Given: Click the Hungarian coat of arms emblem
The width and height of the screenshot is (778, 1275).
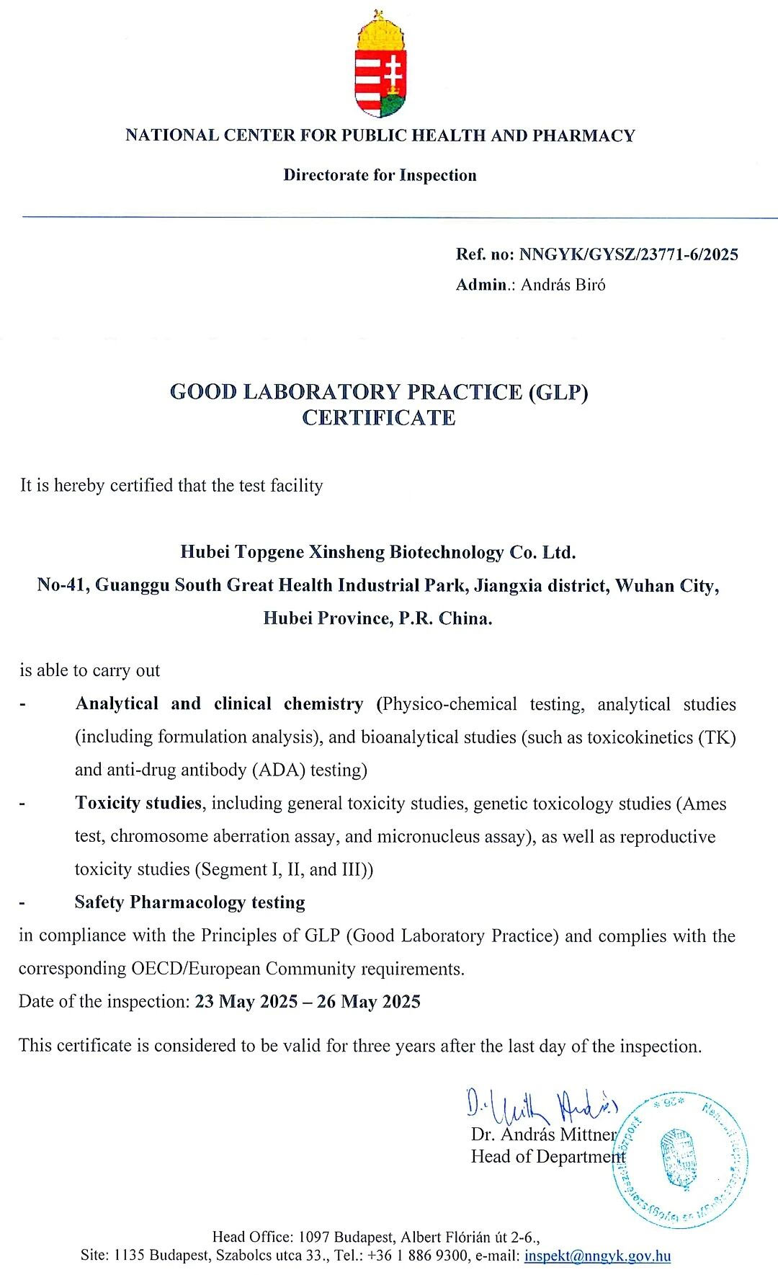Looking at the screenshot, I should pyautogui.click(x=380, y=65).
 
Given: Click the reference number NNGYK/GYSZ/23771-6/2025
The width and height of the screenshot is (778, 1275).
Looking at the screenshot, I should pyautogui.click(x=629, y=254).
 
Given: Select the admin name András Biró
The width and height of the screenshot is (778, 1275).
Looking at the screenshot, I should pyautogui.click(x=563, y=285).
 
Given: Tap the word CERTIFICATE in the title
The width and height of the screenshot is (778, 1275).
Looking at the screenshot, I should pyautogui.click(x=379, y=418).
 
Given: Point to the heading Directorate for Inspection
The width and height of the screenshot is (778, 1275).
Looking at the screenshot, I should pyautogui.click(x=380, y=175).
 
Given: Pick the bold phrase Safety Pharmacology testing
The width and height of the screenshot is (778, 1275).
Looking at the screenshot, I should pyautogui.click(x=190, y=902).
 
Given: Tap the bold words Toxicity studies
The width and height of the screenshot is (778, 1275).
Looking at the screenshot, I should pyautogui.click(x=138, y=803).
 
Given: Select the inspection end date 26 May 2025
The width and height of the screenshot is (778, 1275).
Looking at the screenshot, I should pyautogui.click(x=368, y=1002).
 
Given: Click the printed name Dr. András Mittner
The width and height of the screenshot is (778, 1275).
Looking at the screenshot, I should pyautogui.click(x=544, y=1134).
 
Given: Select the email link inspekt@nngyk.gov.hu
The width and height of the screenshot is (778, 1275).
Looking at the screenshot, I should pyautogui.click(x=597, y=1256).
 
